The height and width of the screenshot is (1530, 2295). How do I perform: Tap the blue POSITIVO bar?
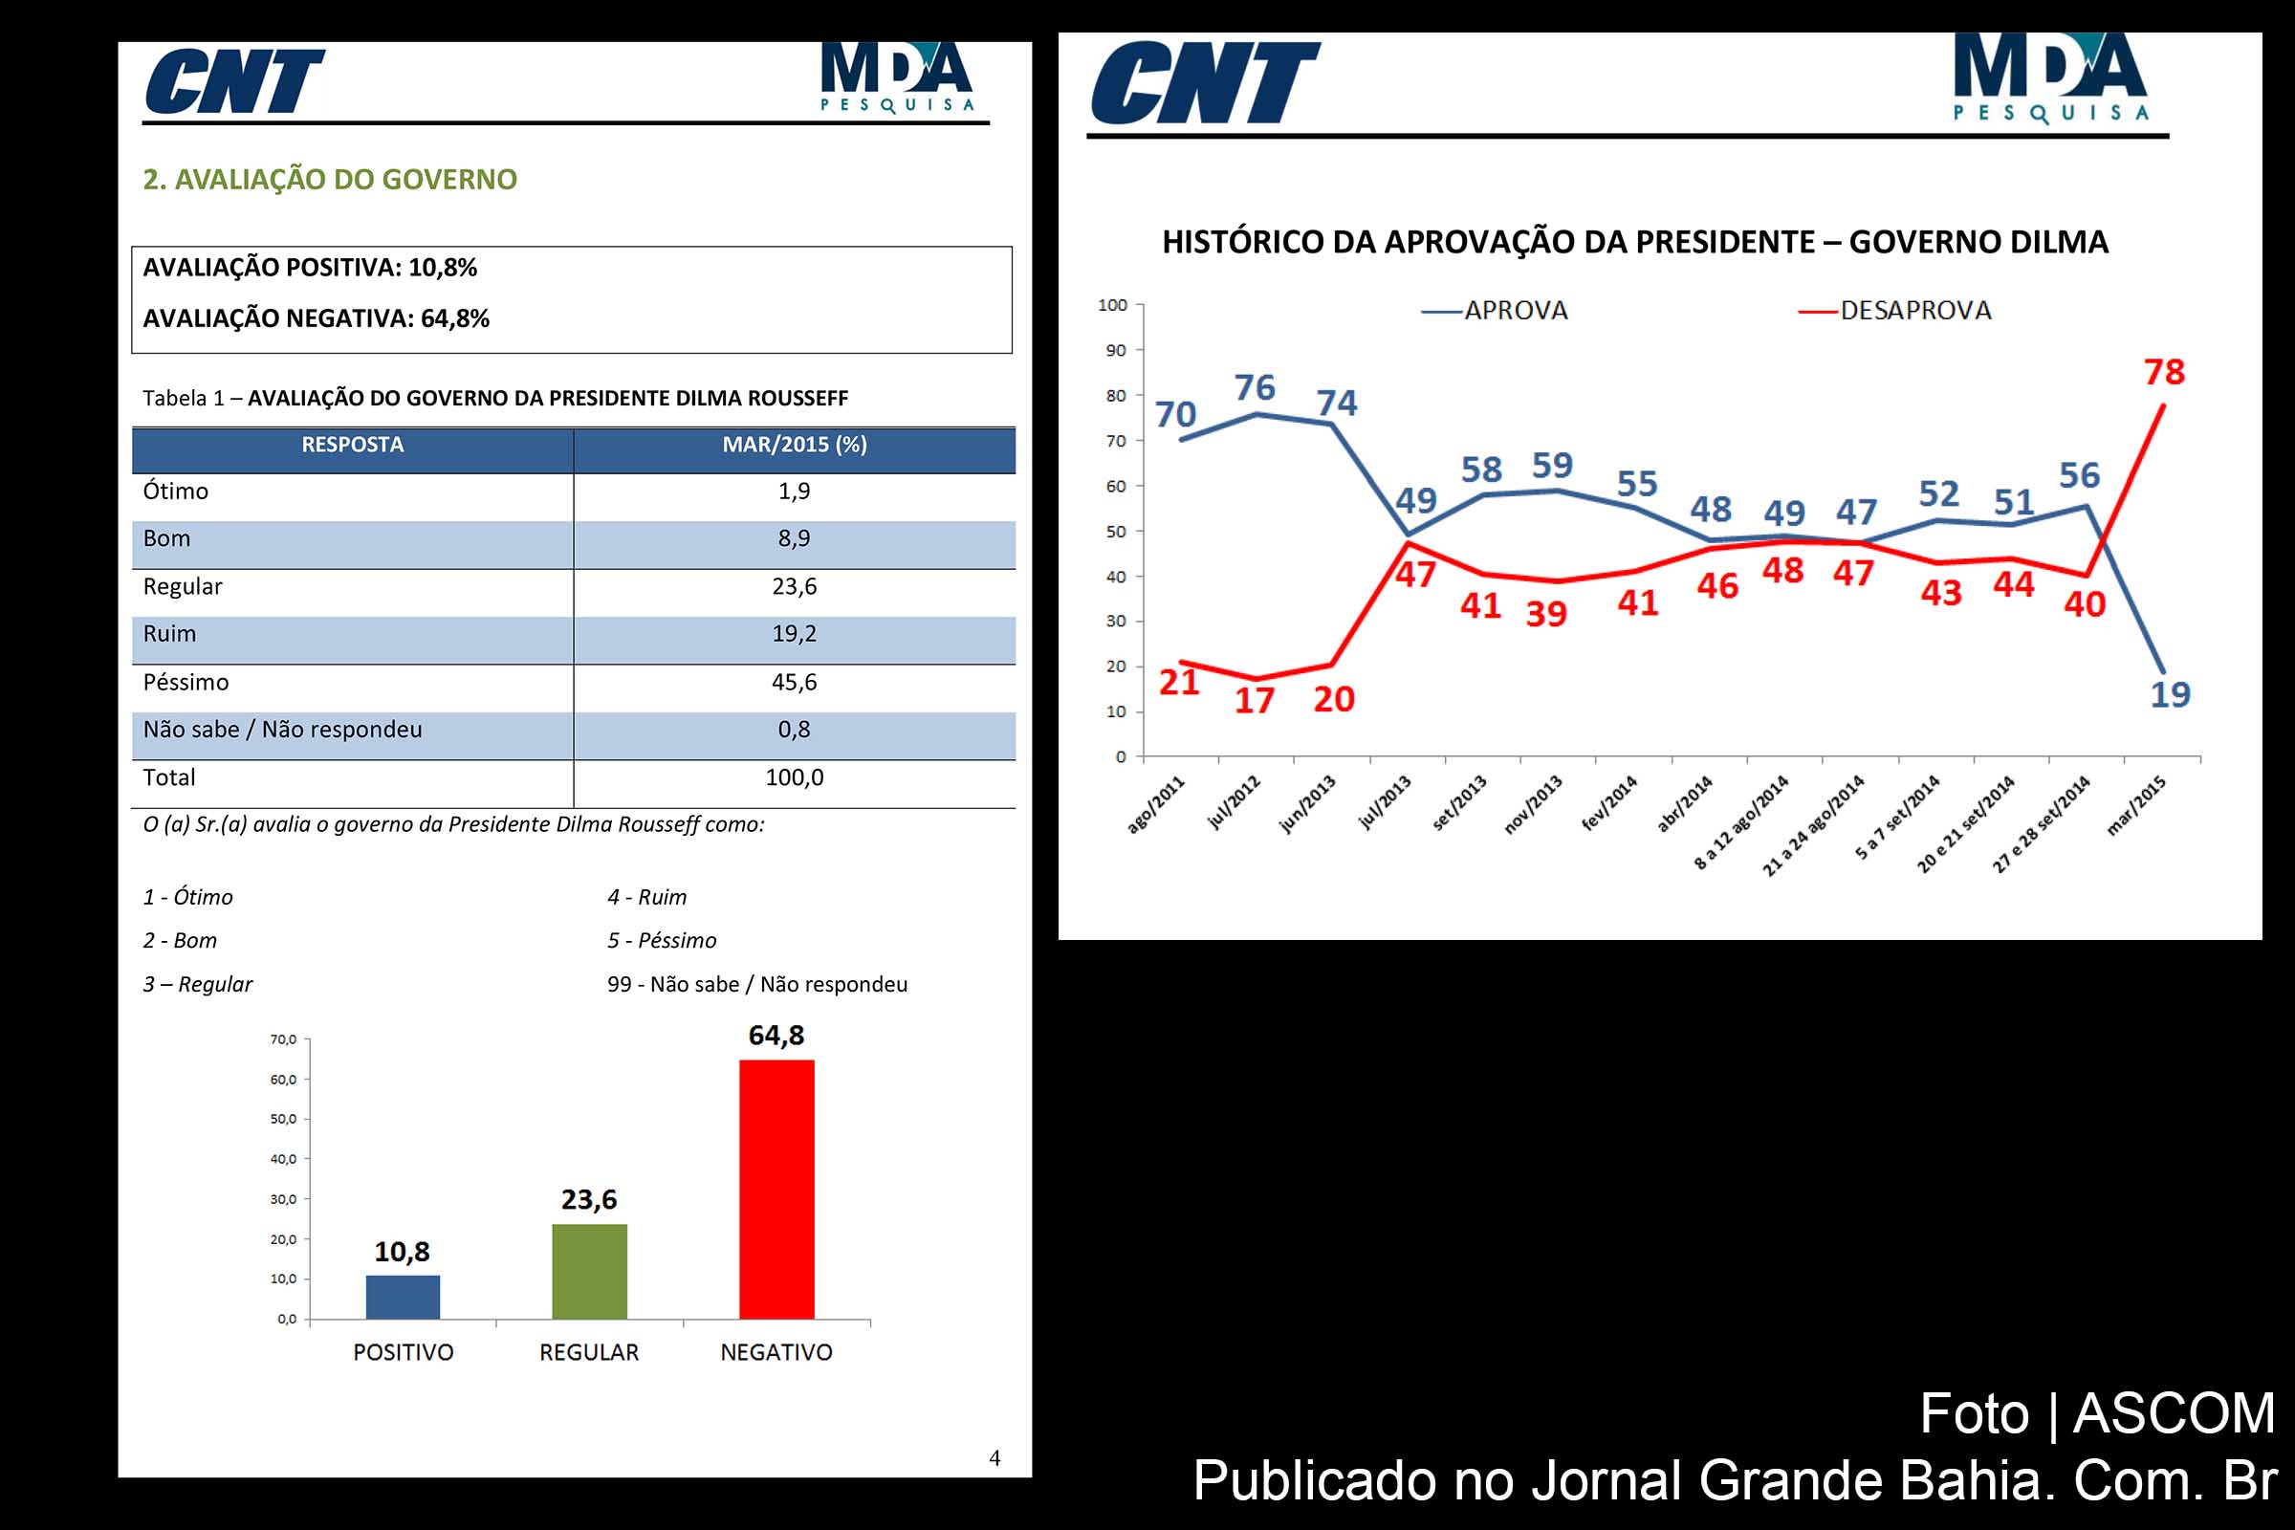[x=403, y=1297]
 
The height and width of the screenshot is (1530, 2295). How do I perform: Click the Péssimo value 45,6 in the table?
[x=794, y=682]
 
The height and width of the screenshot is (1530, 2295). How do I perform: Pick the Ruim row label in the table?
[x=170, y=634]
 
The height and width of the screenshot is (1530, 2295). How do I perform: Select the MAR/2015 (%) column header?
[x=795, y=445]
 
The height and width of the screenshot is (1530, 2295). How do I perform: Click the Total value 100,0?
[x=794, y=777]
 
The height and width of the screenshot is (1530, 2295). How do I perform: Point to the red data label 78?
[x=2163, y=372]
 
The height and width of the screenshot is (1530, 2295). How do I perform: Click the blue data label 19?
[x=2170, y=695]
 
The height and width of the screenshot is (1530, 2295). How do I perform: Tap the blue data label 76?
[x=1254, y=387]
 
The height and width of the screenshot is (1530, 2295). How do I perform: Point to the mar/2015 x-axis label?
[x=2136, y=806]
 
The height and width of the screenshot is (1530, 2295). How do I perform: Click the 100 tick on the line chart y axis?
[x=1112, y=305]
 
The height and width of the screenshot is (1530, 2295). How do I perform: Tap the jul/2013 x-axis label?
[x=1386, y=802]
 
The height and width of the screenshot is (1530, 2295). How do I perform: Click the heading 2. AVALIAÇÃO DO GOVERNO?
[x=330, y=180]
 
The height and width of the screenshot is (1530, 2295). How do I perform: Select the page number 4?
[x=994, y=1457]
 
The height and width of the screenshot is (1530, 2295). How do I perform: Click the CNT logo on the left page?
[x=234, y=82]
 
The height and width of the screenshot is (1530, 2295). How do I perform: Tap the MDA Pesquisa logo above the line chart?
[x=2050, y=78]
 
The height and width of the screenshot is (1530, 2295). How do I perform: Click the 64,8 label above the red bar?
[x=776, y=1036]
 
